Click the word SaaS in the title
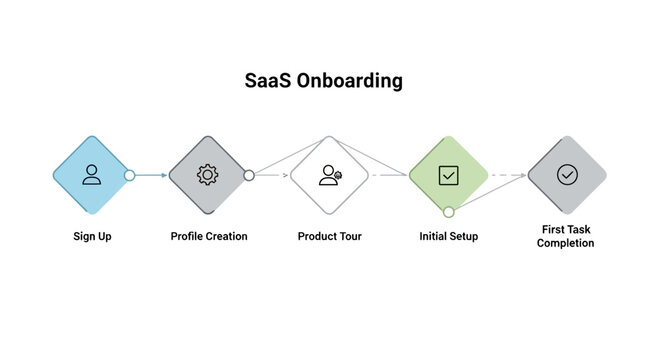268,81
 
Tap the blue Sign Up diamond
91,175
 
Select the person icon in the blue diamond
91,175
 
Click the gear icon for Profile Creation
207,175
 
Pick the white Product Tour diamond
329,175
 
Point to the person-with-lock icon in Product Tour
329,175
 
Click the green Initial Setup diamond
448,175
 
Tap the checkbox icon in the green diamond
448,175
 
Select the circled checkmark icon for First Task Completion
567,175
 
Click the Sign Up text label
91,237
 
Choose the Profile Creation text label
208,237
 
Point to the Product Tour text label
329,237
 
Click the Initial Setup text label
448,237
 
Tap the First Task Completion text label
566,236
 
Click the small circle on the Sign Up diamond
129,175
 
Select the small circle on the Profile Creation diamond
249,175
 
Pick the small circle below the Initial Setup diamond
448,212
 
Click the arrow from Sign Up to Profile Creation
150,175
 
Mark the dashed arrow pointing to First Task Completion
507,175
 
